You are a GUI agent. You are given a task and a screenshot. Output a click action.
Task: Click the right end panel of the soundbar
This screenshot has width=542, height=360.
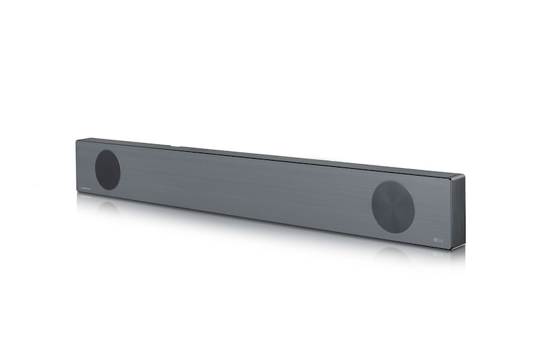click(x=456, y=209)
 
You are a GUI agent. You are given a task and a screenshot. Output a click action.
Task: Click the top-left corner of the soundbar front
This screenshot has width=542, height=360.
click(x=77, y=140)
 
